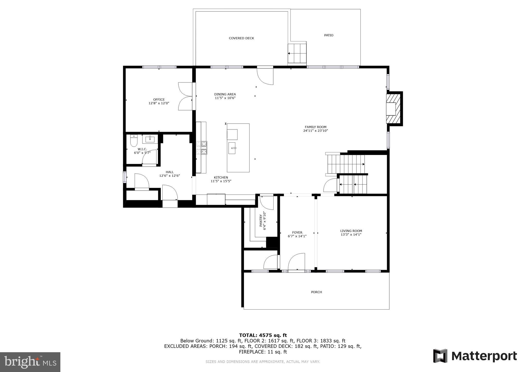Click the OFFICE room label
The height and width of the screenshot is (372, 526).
[x=159, y=100]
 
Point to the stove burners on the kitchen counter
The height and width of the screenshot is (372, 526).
[x=202, y=148]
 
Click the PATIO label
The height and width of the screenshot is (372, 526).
[x=328, y=35]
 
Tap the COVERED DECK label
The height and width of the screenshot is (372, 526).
[x=241, y=38]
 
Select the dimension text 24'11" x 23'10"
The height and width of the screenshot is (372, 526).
[x=315, y=131]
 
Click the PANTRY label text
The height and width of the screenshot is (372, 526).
[x=261, y=220]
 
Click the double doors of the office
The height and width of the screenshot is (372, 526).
[x=185, y=96]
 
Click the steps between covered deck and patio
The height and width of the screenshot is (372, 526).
[x=297, y=53]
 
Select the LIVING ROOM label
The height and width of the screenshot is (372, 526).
[x=351, y=231]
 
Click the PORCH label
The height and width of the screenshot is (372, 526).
[x=316, y=292]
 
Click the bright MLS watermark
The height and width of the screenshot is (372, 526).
[x=30, y=362]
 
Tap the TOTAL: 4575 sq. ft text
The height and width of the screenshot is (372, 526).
[x=263, y=335]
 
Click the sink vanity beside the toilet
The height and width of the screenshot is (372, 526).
[x=150, y=139]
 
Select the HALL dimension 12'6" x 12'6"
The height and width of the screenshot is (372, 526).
[x=170, y=176]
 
